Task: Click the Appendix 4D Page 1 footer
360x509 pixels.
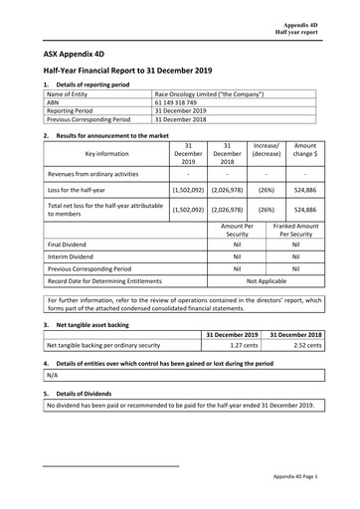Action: (301, 478)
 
